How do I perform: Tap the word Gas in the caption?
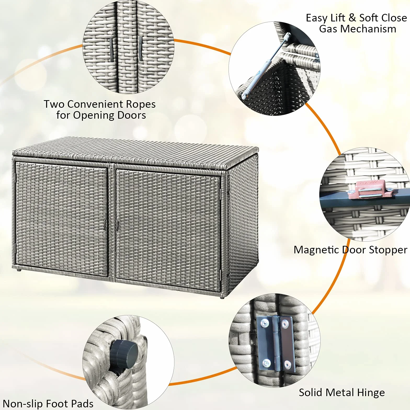point(328,29)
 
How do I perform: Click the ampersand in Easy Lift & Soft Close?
point(352,18)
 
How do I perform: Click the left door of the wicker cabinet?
point(62,219)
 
